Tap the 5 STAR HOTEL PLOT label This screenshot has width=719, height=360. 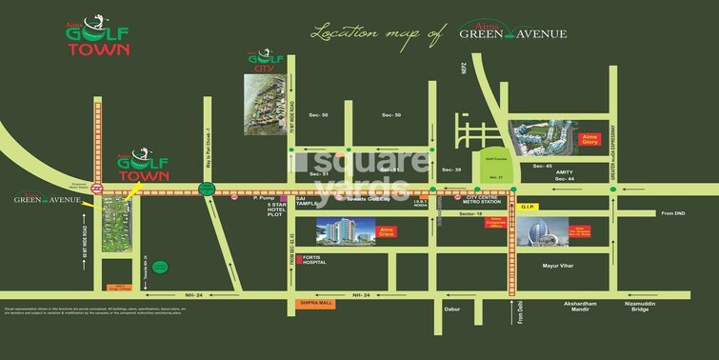click(x=277, y=210)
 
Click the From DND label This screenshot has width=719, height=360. click(x=672, y=213)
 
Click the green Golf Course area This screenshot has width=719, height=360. click(x=492, y=167)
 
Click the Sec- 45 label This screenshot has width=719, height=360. click(x=543, y=167)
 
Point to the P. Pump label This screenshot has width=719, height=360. click(x=263, y=198)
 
